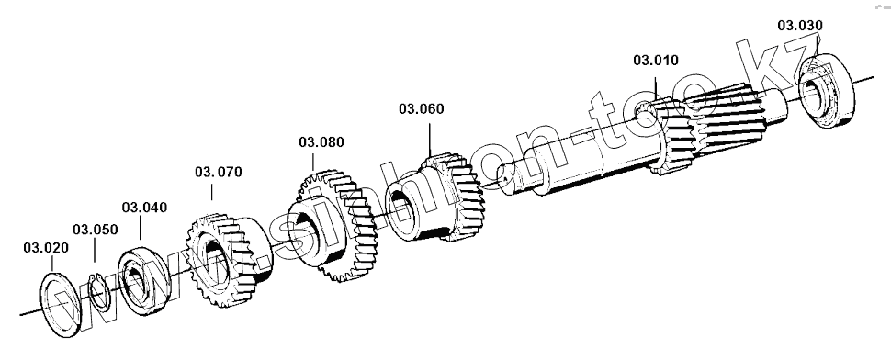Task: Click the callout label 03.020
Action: tap(46, 248)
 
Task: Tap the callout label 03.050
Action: tap(95, 230)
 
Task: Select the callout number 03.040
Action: tap(144, 208)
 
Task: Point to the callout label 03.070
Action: tap(219, 172)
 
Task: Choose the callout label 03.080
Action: tap(321, 142)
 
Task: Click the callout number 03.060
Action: tap(421, 109)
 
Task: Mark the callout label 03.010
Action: tap(656, 61)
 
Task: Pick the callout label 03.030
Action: tap(800, 26)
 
